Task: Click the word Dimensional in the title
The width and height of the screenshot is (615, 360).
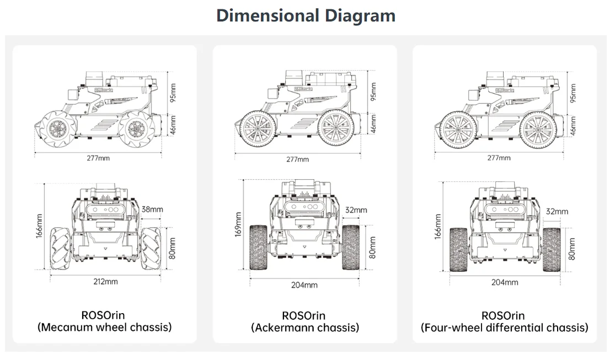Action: click(268, 15)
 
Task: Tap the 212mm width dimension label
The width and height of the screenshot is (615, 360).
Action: click(105, 282)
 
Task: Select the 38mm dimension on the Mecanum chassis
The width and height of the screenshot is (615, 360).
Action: click(152, 209)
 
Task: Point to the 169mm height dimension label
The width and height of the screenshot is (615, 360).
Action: click(238, 224)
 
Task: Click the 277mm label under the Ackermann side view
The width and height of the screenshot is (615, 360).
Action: click(297, 159)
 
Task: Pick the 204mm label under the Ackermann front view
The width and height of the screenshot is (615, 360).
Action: click(304, 285)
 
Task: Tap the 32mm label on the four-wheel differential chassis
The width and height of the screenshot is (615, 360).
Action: click(557, 212)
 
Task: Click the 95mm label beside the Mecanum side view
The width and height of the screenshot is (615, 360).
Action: click(173, 93)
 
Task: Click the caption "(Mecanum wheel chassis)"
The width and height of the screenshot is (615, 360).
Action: click(105, 327)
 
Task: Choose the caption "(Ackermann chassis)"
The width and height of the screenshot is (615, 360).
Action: click(305, 327)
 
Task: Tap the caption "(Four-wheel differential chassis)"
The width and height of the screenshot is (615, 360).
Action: click(504, 327)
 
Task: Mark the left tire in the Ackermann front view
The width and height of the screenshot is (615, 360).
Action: click(258, 248)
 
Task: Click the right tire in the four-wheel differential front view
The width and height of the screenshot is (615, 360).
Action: click(552, 250)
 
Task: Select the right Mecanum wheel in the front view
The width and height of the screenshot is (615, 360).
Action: click(151, 249)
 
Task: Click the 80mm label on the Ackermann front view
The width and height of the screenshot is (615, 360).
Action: click(372, 248)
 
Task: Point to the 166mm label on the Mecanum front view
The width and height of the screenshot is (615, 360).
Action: click(39, 226)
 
